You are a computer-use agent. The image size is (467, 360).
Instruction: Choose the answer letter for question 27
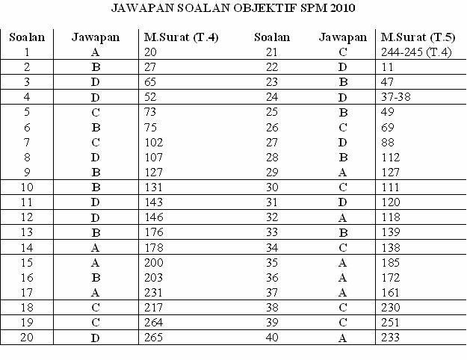coord(342,142)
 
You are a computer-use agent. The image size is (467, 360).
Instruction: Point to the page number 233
coord(390,338)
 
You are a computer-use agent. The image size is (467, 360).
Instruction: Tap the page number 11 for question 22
coord(386,66)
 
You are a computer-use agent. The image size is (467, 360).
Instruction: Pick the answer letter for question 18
coord(94,308)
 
